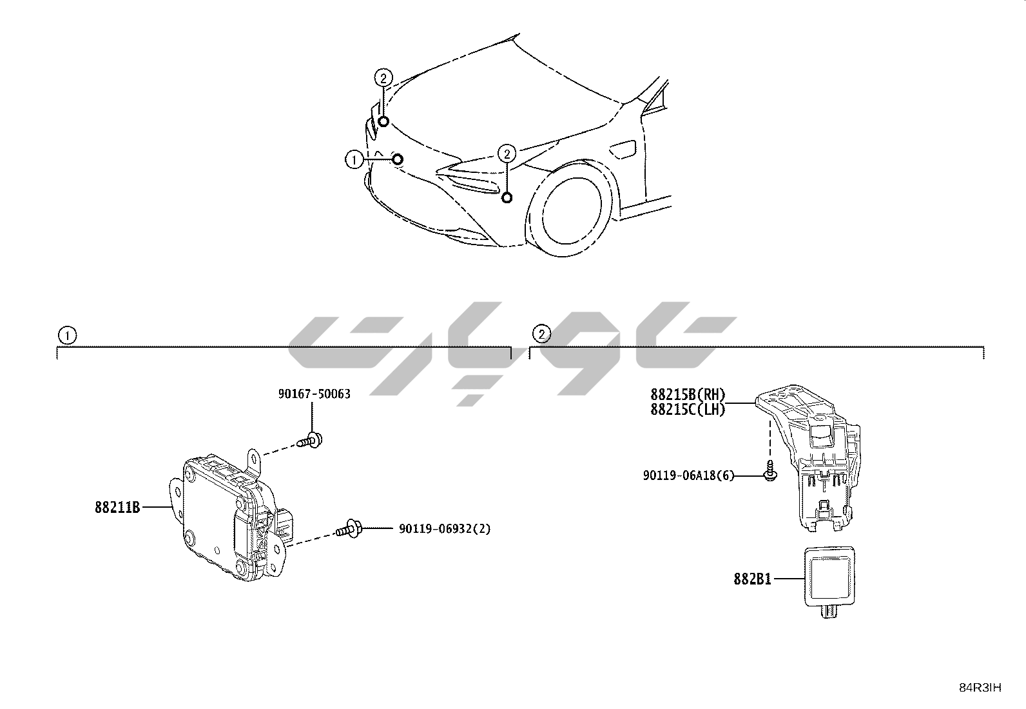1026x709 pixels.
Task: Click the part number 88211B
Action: point(117,507)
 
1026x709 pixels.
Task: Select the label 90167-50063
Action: point(315,394)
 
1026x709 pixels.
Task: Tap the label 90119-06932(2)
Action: point(445,529)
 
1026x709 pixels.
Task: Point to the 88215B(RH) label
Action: point(688,394)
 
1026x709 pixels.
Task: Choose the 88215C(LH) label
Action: point(688,410)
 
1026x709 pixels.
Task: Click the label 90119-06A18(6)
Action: point(688,475)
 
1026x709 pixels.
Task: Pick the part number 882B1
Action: point(753,579)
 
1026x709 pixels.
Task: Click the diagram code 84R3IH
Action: point(980,688)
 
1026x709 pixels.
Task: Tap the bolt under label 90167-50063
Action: point(310,441)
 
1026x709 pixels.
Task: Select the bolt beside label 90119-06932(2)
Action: point(349,529)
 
